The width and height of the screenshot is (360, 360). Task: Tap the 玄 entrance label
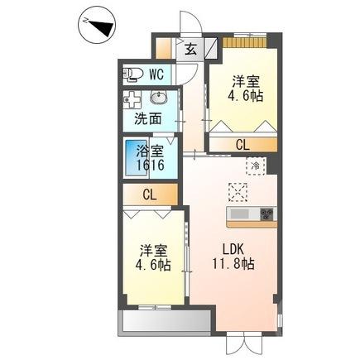190,49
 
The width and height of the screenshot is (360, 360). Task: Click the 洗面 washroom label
148,119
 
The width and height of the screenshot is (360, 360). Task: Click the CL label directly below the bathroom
150,195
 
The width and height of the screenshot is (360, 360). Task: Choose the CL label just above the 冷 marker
241,146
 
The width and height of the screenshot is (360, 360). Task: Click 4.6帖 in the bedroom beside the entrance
247,96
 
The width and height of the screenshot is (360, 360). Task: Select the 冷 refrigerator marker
256,165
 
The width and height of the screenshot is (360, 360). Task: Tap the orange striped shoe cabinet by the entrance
245,42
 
